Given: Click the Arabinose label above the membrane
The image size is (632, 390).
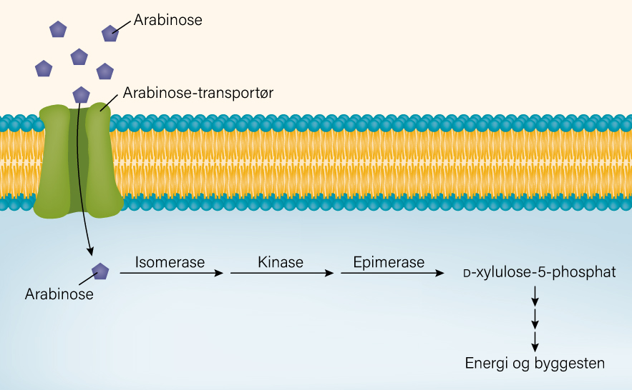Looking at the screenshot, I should [x=168, y=20].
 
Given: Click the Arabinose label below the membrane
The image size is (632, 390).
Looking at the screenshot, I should [x=59, y=294].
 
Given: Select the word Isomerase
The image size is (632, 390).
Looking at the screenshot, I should [x=170, y=262].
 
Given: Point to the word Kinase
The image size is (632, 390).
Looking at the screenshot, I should [x=281, y=262].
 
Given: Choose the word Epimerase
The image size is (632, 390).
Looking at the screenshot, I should [x=389, y=262].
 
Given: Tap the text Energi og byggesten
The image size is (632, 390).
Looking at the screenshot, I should [x=535, y=363].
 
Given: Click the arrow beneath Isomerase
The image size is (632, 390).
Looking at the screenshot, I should [x=172, y=273].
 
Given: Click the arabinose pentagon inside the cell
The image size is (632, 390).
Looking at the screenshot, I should [x=99, y=271].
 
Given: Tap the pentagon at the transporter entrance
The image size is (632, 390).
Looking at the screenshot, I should [x=81, y=94].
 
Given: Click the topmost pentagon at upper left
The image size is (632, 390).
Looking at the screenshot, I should [x=57, y=29].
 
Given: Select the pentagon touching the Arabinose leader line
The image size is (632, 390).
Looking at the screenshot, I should [x=110, y=33].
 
